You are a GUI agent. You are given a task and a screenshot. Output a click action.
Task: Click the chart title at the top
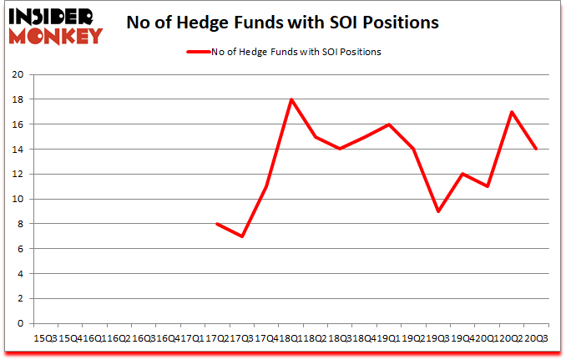[282, 23]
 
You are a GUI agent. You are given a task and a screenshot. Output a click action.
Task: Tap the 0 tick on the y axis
[19, 323]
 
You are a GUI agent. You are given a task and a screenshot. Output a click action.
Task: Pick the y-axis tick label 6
[19, 249]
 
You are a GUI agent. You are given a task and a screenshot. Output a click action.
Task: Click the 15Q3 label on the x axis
[44, 339]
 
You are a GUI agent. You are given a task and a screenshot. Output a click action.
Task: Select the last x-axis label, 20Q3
[536, 339]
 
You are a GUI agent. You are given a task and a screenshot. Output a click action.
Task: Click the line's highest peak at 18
[291, 99]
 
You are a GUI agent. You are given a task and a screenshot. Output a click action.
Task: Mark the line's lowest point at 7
[242, 236]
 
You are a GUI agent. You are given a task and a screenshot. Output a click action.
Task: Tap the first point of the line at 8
[217, 224]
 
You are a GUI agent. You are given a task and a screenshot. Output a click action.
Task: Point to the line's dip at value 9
[438, 211]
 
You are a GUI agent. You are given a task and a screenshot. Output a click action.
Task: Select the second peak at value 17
[512, 112]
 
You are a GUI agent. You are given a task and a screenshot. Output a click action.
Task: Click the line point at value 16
[389, 124]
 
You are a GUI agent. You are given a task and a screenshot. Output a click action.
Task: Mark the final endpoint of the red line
[536, 150]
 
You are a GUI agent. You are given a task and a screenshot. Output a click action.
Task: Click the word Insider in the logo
[52, 16]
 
